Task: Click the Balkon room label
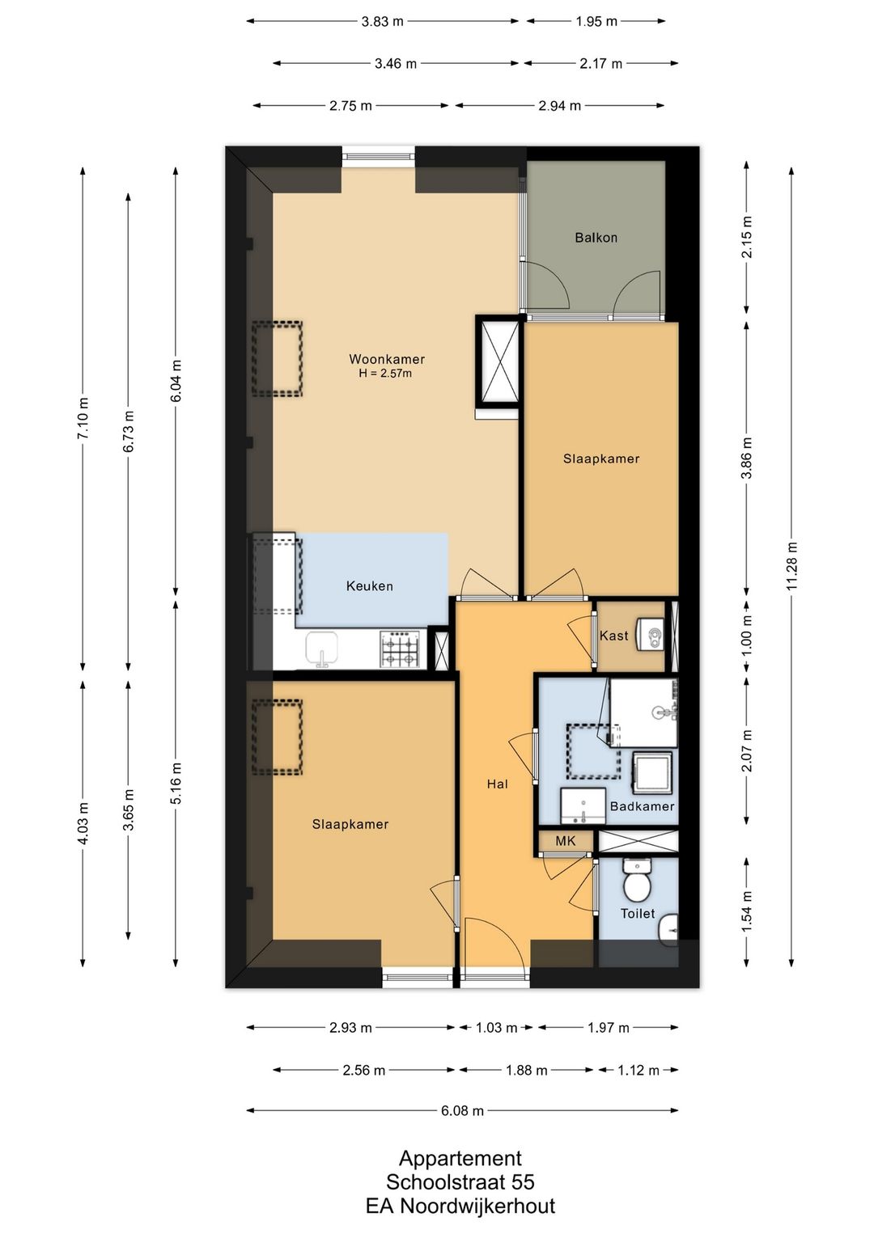(596, 238)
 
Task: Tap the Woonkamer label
(387, 359)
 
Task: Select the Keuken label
(370, 585)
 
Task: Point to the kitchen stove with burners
(399, 649)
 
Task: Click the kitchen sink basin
(322, 649)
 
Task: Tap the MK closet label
(565, 841)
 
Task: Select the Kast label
(613, 635)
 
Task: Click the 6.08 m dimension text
(462, 1111)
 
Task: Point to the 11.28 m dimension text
(791, 566)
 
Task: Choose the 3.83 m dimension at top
(382, 22)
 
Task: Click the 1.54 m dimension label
(747, 911)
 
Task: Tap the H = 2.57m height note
(385, 374)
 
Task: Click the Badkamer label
(642, 806)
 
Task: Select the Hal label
(497, 784)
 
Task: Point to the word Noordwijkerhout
(477, 1206)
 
